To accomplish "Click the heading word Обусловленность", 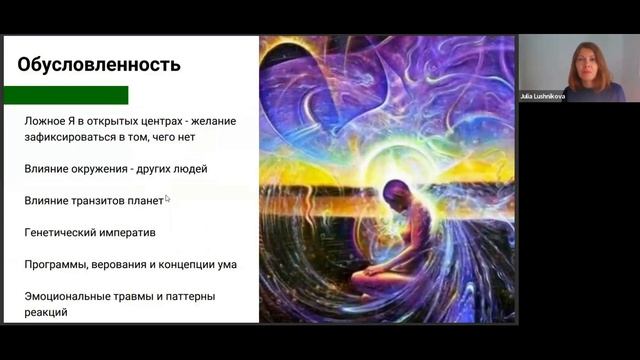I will pos(99,65).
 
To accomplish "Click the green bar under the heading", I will pos(66,95).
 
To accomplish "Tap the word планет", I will pos(146,201).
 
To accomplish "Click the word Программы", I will pos(56,265).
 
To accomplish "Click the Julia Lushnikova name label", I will pos(543,96).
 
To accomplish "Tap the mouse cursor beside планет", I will pos(167,199).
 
